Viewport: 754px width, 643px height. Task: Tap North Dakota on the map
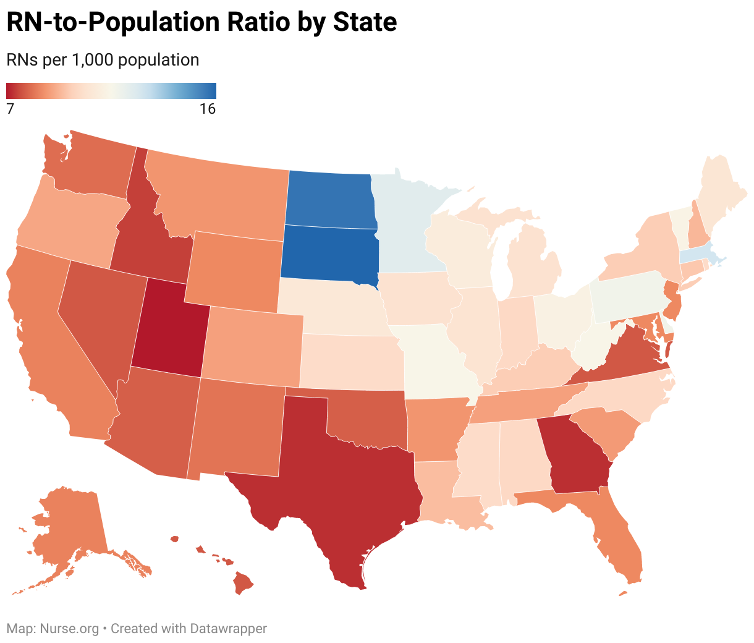tap(330, 199)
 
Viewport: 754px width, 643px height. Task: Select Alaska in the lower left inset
tap(68, 526)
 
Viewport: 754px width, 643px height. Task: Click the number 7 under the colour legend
tap(10, 109)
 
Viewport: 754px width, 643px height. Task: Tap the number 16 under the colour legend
tap(207, 109)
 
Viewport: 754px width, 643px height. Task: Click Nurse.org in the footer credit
tap(69, 629)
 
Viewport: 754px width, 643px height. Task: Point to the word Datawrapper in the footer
tap(228, 629)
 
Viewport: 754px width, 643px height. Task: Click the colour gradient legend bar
tap(111, 91)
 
